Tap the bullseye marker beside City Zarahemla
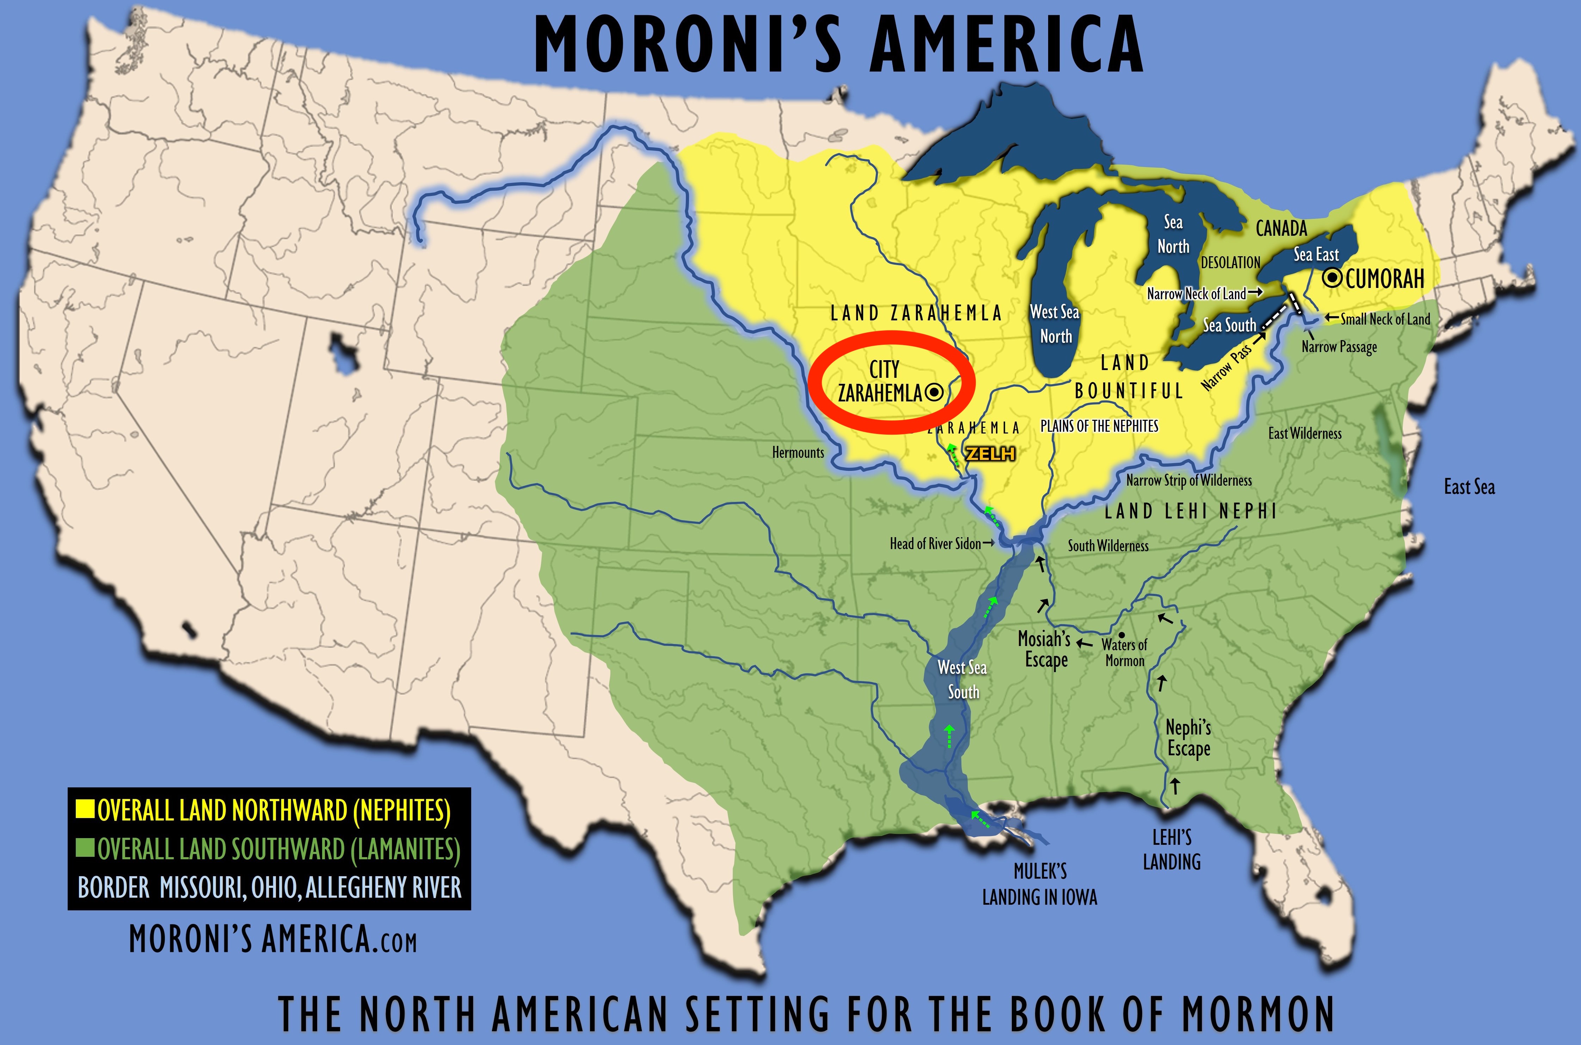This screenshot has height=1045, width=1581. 934,393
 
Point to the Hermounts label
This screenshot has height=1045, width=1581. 798,453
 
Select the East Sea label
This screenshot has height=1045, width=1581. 1469,487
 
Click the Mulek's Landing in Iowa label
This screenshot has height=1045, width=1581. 1039,884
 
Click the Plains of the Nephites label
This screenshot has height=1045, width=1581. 1099,426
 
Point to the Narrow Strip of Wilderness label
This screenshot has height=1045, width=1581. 1189,480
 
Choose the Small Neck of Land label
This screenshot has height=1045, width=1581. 1384,319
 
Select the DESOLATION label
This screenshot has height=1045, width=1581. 1230,263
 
